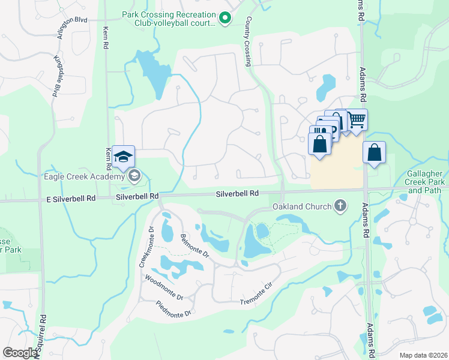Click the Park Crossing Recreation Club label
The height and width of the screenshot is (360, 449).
pyautogui.click(x=168, y=19)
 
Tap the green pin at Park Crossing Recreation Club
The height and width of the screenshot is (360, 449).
pyautogui.click(x=225, y=19)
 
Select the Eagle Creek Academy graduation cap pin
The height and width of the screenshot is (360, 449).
pyautogui.click(x=123, y=157)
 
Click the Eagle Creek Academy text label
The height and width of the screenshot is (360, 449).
pyautogui.click(x=83, y=176)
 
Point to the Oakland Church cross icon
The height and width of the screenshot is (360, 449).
pyautogui.click(x=340, y=206)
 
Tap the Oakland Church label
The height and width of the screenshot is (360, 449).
pyautogui.click(x=302, y=207)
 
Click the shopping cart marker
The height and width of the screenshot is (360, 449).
pyautogui.click(x=357, y=120)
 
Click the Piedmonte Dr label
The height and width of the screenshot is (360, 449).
pyautogui.click(x=173, y=310)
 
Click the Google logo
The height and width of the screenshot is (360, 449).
pyautogui.click(x=20, y=353)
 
